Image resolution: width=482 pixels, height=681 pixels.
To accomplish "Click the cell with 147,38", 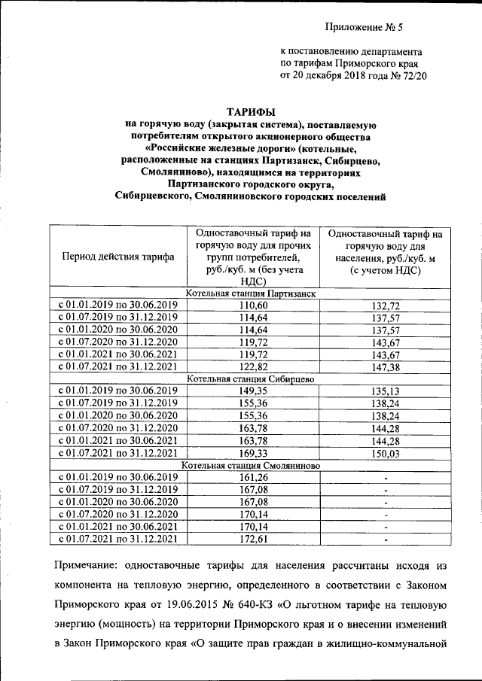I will point(385,366).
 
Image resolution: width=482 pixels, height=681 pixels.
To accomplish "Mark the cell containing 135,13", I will point(385,391).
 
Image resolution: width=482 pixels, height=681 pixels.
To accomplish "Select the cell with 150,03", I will point(385,453).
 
